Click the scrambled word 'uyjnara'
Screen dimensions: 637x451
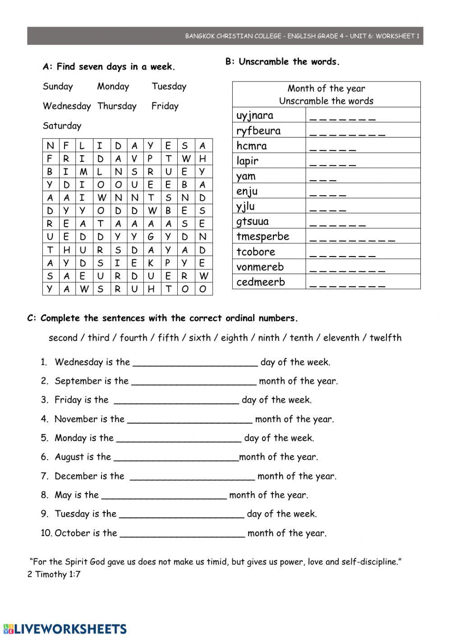[255, 115]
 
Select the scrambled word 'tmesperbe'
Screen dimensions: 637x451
[262, 236]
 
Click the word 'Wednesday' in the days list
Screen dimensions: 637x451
[67, 106]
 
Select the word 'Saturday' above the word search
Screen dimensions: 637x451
[62, 126]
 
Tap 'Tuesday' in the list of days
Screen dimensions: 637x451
[169, 87]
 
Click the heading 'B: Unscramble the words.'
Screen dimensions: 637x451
[282, 62]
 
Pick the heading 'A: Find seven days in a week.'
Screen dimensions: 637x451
[109, 67]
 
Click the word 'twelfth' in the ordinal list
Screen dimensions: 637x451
[385, 338]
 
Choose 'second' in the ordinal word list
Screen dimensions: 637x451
[63, 338]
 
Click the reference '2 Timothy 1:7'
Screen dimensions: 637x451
[54, 574]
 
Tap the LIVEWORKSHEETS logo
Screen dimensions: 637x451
[65, 629]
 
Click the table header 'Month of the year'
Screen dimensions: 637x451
[326, 88]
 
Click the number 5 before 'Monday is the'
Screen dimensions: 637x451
[44, 438]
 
